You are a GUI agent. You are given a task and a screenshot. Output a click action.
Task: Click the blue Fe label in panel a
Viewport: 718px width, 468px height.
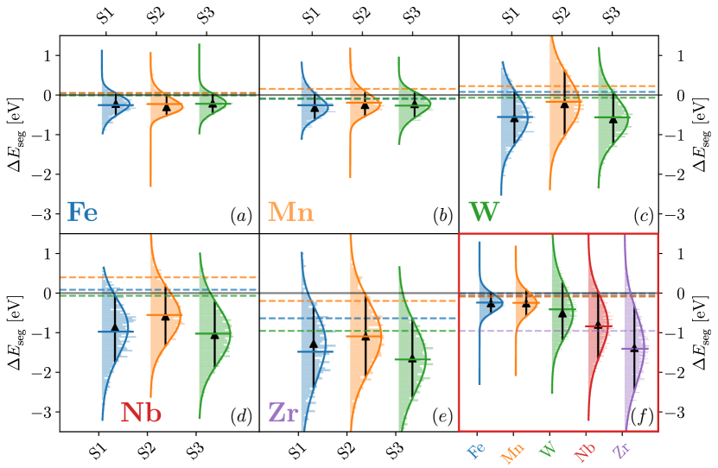click(83, 212)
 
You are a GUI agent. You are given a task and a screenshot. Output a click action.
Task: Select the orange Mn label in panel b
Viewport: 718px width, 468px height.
click(291, 212)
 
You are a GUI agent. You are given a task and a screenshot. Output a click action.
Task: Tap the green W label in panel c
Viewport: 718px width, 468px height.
click(484, 212)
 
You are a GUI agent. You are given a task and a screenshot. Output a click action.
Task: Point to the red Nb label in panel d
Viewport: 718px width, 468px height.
click(141, 413)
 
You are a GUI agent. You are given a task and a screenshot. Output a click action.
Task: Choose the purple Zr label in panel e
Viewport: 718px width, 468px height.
click(283, 413)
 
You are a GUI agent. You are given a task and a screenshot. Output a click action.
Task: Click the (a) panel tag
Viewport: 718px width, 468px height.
click(241, 217)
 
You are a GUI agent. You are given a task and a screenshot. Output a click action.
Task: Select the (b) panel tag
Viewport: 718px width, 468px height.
click(442, 217)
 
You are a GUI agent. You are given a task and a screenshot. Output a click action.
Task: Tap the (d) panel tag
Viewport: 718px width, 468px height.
click(241, 417)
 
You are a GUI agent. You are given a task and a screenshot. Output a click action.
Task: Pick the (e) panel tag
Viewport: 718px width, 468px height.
click(442, 417)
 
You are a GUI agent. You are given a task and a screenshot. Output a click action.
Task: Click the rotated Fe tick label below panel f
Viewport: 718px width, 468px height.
click(475, 451)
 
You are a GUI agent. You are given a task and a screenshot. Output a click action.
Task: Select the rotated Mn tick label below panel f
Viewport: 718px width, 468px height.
click(512, 453)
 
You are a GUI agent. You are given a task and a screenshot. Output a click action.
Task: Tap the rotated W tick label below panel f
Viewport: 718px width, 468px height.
click(548, 450)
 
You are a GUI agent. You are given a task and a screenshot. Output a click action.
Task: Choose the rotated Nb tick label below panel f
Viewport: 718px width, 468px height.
click(585, 452)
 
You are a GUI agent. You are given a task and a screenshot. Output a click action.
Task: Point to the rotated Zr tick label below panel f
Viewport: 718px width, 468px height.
click(621, 451)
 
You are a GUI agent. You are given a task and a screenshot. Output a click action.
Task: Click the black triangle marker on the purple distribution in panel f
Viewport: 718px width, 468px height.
click(634, 347)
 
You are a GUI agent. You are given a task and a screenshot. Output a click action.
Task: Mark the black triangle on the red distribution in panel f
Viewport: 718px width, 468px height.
click(598, 324)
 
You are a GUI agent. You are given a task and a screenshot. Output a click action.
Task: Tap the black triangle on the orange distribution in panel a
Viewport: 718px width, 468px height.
click(167, 108)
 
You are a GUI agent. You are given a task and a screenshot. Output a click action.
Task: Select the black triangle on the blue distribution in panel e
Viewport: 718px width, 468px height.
click(314, 345)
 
